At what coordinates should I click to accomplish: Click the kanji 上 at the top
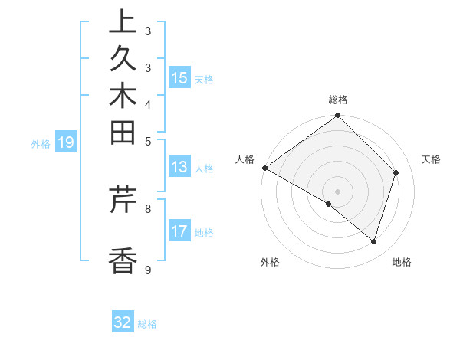[123, 22]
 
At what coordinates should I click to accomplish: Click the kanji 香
[123, 260]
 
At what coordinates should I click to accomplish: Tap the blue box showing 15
[179, 78]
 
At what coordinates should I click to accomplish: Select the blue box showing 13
[179, 167]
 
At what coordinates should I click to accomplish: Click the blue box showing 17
[179, 231]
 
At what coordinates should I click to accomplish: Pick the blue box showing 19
[66, 142]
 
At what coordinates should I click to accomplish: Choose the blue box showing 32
[123, 322]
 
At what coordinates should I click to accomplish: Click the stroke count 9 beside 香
[147, 270]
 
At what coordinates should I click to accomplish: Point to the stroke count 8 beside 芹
[147, 208]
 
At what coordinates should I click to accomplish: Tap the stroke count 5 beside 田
[147, 141]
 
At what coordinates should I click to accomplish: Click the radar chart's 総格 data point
[338, 116]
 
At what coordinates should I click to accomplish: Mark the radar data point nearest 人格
[264, 168]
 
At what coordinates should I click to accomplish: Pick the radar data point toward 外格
[329, 204]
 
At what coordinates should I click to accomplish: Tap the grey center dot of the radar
[338, 191]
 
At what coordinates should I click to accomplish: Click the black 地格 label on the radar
[402, 262]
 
